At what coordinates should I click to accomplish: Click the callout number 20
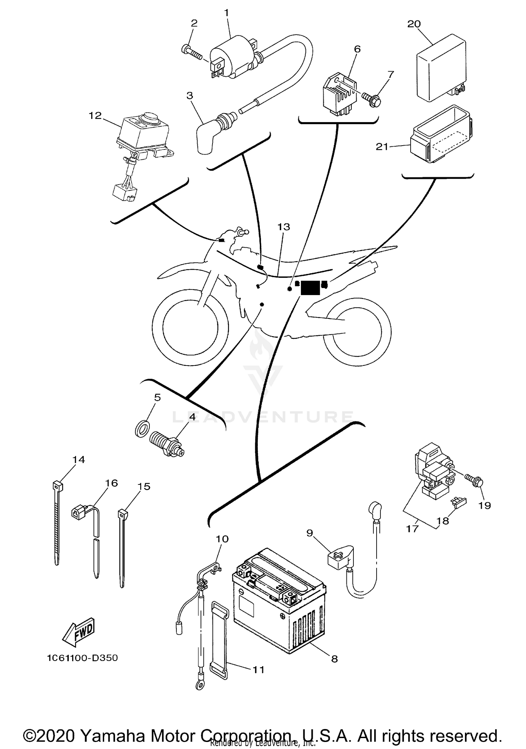pos(414,24)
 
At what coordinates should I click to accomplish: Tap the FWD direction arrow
pos(79,634)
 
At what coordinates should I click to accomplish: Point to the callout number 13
pos(284,227)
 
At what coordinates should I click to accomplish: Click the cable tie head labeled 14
pos(57,486)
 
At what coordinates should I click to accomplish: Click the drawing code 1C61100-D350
pos(82,658)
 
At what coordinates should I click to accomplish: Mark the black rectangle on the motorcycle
pos(310,288)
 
